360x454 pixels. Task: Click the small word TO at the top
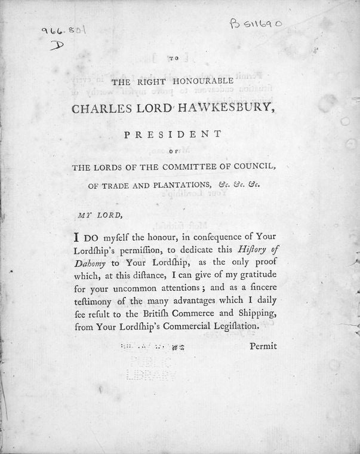tap(174, 59)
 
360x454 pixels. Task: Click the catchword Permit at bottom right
tap(263, 346)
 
